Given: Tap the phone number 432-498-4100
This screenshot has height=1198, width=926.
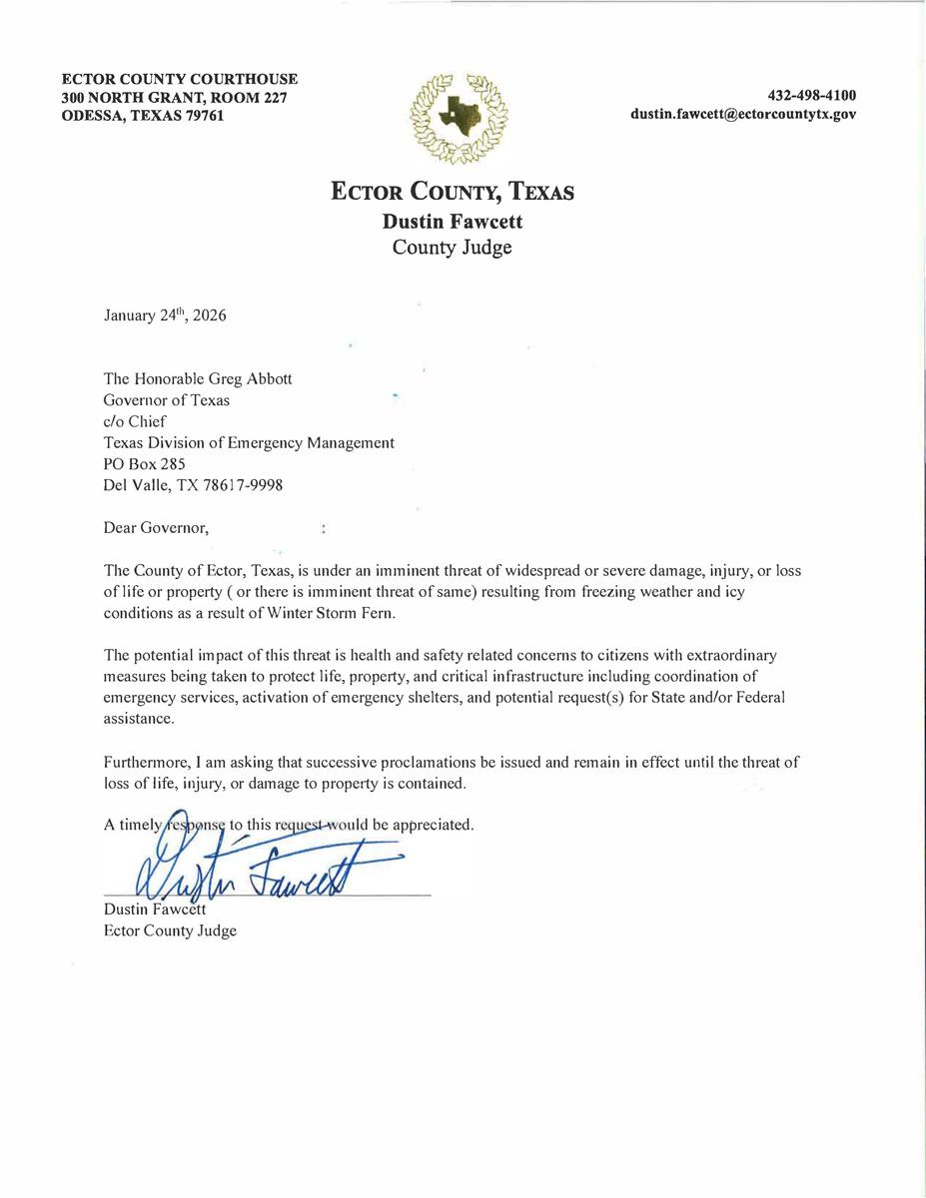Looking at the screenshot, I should click(811, 96).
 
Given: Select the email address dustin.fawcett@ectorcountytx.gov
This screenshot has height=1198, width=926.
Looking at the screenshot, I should click(742, 115).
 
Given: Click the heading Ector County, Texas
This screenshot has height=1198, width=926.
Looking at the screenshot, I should click(453, 191).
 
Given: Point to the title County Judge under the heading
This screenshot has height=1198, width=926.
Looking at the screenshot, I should click(452, 248).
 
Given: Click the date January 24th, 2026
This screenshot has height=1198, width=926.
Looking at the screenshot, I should click(165, 315).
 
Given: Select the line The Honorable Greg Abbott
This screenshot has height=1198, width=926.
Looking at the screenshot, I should click(198, 379).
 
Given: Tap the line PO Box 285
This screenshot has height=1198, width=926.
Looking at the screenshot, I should click(145, 464).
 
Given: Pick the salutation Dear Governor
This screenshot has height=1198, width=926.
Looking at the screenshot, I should click(157, 527).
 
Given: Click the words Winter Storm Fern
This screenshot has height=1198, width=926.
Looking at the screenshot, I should click(340, 613).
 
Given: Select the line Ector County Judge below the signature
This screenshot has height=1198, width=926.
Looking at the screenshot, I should click(170, 931).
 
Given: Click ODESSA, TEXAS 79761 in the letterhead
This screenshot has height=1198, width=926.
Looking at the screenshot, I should click(143, 116).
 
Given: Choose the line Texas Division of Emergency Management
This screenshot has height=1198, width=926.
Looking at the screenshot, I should click(249, 443).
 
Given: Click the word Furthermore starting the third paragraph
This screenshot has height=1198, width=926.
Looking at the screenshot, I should click(145, 762).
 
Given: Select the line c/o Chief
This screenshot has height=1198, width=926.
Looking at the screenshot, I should click(135, 421).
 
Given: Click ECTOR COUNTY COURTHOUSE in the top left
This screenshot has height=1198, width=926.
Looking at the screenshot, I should click(180, 79).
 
